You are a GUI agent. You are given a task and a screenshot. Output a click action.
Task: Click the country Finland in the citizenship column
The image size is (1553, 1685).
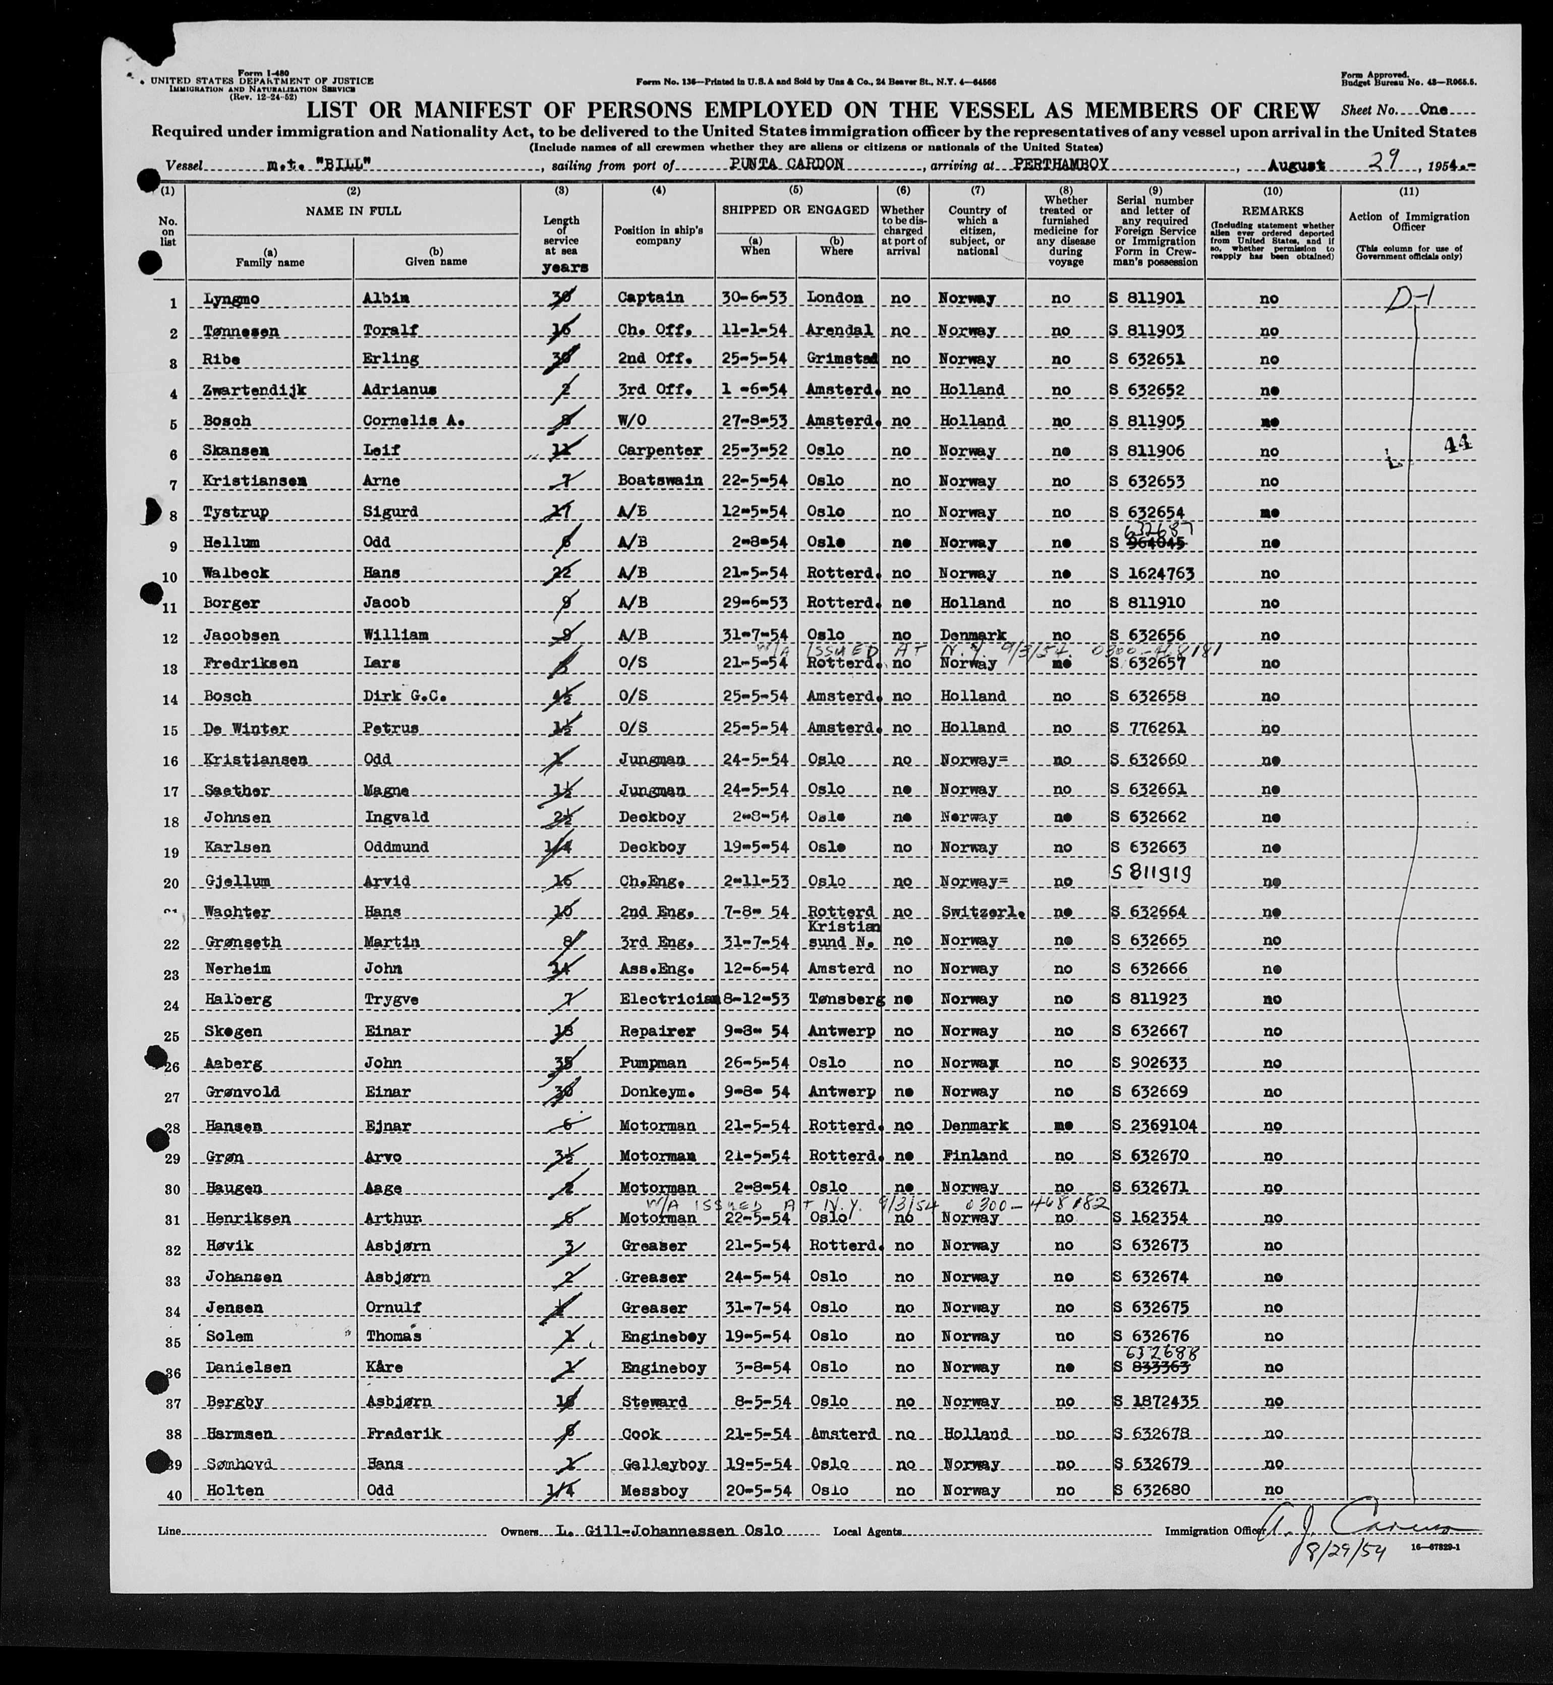[974, 1156]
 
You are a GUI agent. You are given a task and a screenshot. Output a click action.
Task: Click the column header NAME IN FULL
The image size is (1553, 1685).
[353, 211]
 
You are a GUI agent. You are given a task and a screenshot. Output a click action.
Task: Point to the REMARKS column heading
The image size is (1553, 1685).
[1272, 211]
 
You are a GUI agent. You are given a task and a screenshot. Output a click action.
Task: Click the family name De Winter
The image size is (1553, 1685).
[246, 729]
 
